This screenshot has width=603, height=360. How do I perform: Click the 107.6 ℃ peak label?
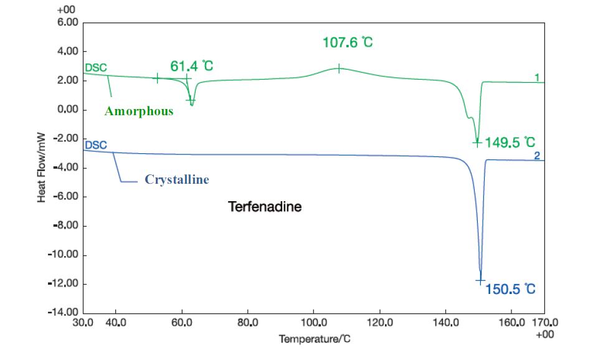coord(348,43)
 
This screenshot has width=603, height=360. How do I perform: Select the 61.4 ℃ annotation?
coord(191,65)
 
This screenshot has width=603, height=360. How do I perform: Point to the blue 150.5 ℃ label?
coord(511,289)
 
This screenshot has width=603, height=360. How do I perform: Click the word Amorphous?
coord(139,111)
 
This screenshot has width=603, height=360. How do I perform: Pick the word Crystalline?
coord(177,179)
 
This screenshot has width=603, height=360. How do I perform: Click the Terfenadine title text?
coord(265,206)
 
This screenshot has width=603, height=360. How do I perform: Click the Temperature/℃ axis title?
coord(319,339)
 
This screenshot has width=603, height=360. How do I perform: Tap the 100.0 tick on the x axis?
coord(314,323)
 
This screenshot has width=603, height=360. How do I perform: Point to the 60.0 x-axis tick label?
coord(182,323)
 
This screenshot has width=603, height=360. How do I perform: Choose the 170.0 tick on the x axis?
coord(545,323)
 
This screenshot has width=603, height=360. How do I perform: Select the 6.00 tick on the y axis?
coord(67,22)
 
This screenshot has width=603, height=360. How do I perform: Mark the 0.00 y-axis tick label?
coord(67,110)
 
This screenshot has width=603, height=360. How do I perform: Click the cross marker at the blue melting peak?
coord(480,281)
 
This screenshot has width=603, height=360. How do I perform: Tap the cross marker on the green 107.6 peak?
coord(339,69)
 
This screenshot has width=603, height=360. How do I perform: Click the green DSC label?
coord(96,67)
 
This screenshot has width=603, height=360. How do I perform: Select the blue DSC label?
coord(96,144)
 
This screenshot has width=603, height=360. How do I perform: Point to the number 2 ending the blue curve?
coord(537,156)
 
